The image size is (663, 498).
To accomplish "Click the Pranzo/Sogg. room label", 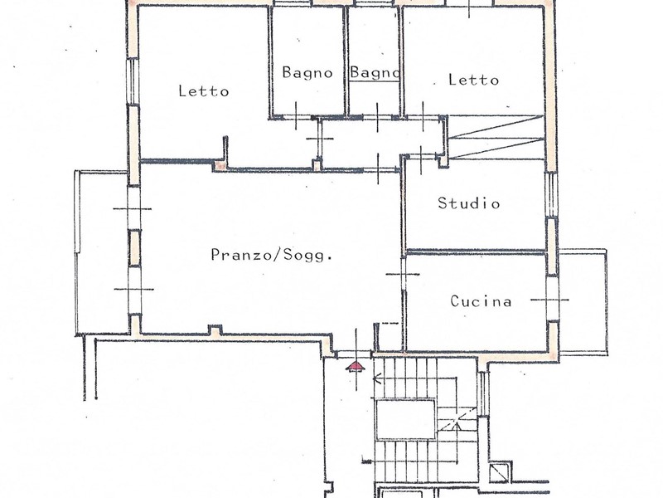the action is [271, 255].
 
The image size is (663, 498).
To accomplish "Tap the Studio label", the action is [468, 203].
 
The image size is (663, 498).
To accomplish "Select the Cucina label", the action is [481, 301].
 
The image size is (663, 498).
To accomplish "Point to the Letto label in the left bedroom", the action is [203, 91].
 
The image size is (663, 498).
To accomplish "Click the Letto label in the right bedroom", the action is [473, 80].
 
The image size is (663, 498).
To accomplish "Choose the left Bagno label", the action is [307, 72].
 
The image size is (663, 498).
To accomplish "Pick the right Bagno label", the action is [375, 72].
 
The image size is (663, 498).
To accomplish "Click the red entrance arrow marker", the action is [355, 367].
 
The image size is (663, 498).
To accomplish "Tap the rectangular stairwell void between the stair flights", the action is [405, 419].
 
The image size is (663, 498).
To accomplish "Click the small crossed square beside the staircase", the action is [501, 472].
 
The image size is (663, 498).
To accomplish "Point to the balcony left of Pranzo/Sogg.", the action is [102, 252].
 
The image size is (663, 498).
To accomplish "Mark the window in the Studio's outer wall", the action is [551, 195].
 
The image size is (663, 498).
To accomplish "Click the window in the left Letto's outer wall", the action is [133, 81].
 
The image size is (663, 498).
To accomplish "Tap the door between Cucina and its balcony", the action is [551, 300].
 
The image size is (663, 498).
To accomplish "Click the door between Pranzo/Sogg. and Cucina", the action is [403, 275].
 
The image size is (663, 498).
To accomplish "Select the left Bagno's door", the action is [296, 116].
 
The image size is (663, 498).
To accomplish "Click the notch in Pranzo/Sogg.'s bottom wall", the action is [215, 330].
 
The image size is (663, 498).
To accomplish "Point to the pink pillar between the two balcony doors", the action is [134, 248].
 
